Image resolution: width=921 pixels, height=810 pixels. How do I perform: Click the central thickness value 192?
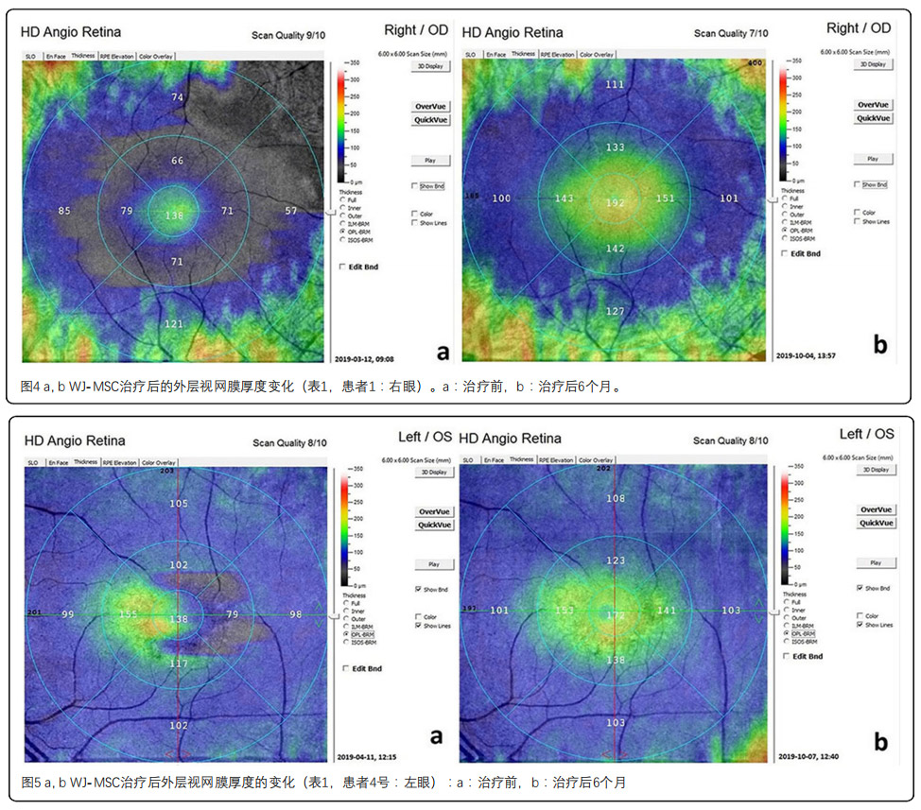(616, 203)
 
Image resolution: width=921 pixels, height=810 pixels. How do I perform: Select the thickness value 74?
(177, 97)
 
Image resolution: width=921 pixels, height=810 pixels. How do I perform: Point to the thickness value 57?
(291, 211)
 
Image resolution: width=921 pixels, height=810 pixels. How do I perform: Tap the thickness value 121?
(174, 324)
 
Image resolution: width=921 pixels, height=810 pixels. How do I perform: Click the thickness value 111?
(616, 85)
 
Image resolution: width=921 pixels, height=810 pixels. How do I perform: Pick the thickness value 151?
(666, 198)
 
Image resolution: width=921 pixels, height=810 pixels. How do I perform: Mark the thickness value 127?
(616, 312)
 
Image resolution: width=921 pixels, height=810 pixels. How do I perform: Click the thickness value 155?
(129, 614)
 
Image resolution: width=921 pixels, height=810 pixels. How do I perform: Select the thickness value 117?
(179, 664)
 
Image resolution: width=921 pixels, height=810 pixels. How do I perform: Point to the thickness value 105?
(179, 504)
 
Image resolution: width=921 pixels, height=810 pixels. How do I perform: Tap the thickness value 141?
(667, 611)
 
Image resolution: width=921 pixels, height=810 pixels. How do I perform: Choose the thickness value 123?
(616, 561)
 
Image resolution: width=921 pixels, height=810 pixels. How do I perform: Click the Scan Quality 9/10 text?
(292, 35)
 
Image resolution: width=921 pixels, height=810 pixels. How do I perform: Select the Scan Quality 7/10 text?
(734, 33)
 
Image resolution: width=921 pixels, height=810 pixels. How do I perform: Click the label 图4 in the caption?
(30, 388)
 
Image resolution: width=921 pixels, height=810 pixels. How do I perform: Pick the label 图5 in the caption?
(30, 783)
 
